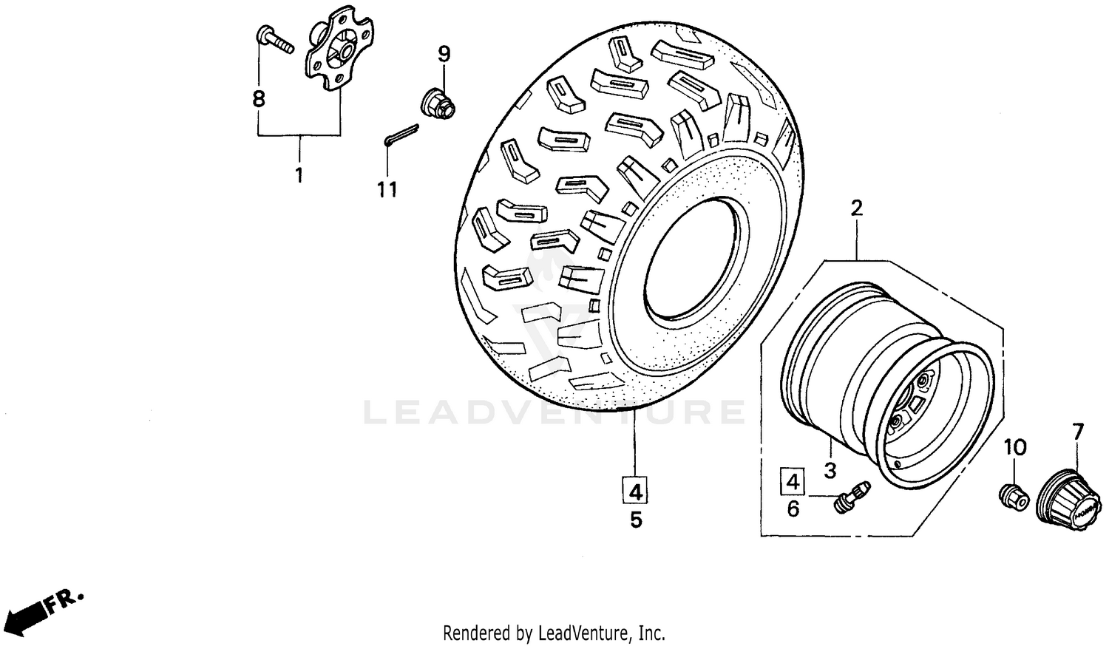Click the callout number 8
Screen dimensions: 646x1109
tap(258, 98)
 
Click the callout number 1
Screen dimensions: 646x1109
tap(299, 176)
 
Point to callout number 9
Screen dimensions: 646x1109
tap(444, 54)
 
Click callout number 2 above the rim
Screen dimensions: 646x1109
tap(856, 208)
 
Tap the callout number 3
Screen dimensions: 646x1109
tap(830, 470)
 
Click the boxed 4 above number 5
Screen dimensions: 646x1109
tap(636, 490)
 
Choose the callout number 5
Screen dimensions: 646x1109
tap(636, 520)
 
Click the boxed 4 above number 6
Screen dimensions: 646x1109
tap(793, 482)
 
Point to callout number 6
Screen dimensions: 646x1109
tap(793, 509)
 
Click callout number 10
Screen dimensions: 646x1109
tap(1015, 447)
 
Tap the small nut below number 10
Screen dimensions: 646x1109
tap(1012, 496)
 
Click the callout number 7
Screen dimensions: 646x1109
tap(1077, 432)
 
